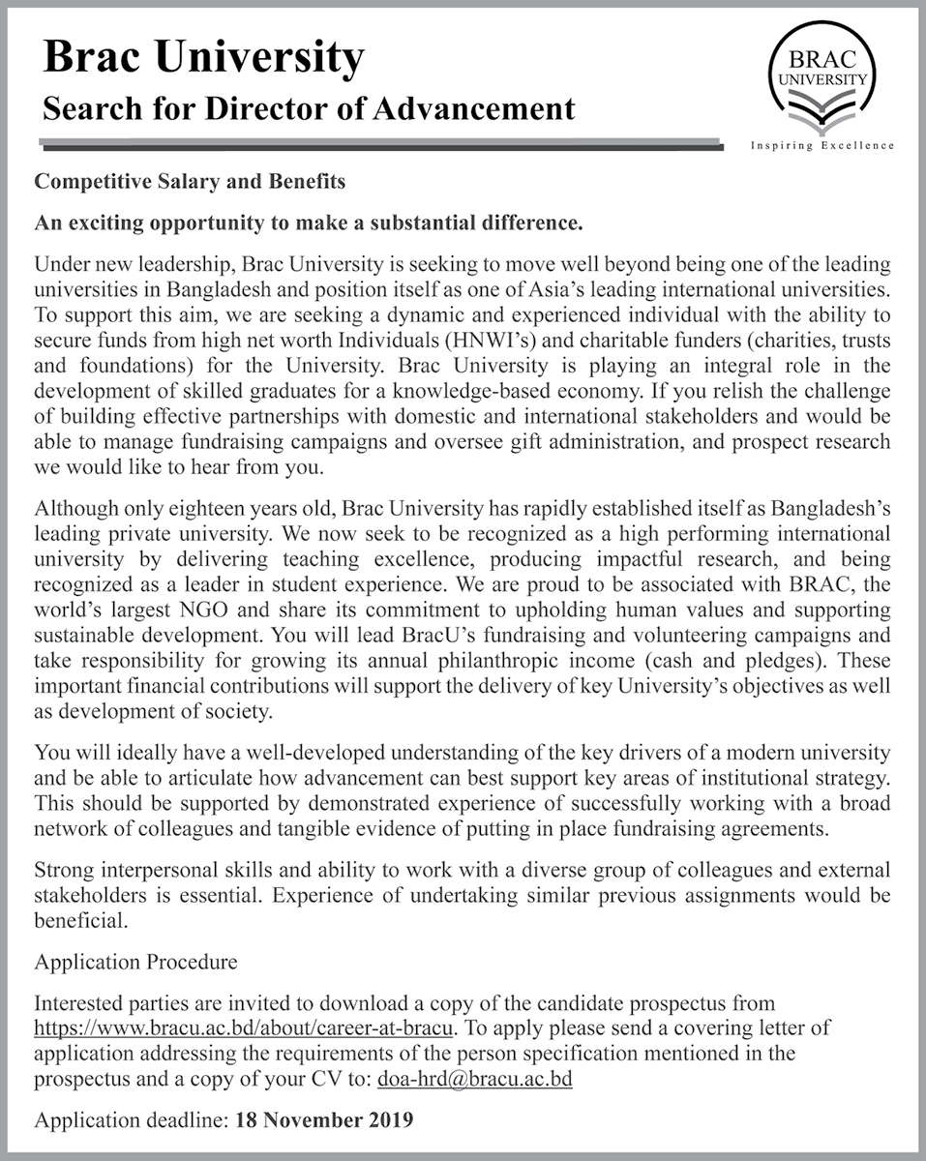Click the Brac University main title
(x=203, y=59)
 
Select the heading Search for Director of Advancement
(x=309, y=107)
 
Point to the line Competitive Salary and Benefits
(x=190, y=182)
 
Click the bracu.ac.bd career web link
(x=252, y=1026)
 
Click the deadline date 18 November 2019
(x=322, y=1121)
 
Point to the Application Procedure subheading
(x=135, y=963)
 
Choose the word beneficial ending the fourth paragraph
(x=80, y=921)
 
